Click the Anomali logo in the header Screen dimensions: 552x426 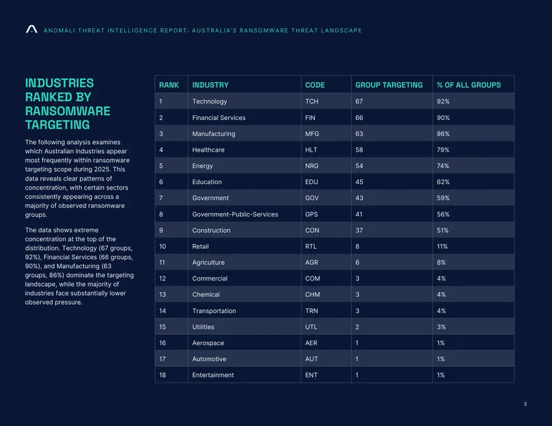point(31,29)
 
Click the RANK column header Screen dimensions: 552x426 point(169,85)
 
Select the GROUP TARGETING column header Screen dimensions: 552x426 point(388,85)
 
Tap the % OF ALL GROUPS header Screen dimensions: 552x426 point(469,85)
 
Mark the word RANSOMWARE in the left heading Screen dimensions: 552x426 point(68,111)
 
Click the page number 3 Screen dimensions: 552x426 point(525,404)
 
